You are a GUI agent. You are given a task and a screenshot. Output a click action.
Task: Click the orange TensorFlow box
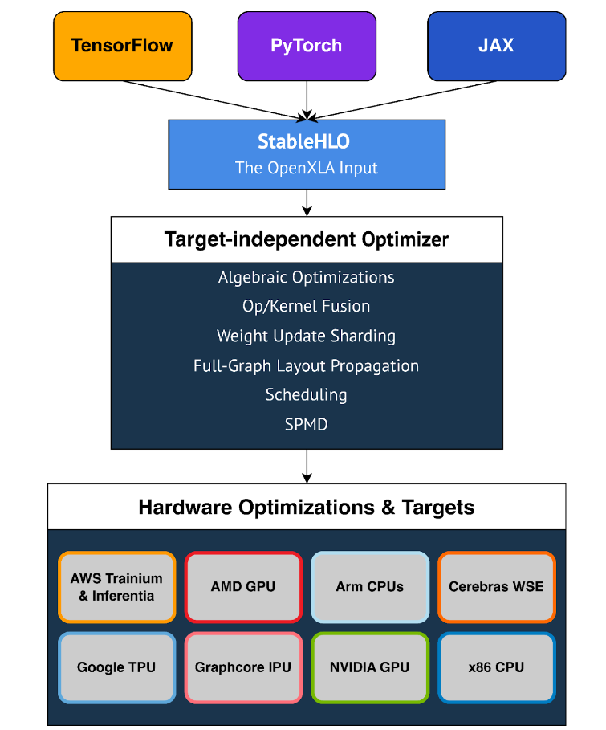click(x=123, y=46)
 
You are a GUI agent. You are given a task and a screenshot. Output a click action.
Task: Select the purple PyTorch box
click(x=307, y=46)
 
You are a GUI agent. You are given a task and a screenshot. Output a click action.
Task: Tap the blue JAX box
click(x=495, y=46)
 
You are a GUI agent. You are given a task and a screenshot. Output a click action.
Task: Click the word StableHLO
click(x=306, y=142)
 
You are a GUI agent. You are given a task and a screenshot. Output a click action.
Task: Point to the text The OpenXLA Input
click(x=306, y=168)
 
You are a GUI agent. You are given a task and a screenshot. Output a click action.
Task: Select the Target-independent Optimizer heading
click(x=306, y=239)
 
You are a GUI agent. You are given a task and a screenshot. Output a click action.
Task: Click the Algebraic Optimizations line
click(x=306, y=278)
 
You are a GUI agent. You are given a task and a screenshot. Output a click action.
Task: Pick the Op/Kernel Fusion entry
click(x=306, y=307)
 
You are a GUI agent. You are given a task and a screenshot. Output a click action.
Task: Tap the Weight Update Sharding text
click(x=306, y=336)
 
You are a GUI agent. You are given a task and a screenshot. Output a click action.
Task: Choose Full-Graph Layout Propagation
click(x=306, y=365)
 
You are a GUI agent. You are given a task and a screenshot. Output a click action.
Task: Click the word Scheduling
click(x=306, y=395)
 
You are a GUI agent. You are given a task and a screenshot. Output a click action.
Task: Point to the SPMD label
click(x=306, y=424)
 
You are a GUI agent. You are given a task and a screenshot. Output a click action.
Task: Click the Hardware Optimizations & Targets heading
click(x=306, y=508)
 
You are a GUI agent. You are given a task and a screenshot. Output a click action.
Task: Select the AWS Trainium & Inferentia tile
click(x=116, y=587)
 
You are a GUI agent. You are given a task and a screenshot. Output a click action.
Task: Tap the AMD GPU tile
click(x=243, y=587)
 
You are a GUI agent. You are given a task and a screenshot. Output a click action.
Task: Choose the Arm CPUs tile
click(x=369, y=587)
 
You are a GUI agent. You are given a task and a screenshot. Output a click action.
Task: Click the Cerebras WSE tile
click(x=496, y=587)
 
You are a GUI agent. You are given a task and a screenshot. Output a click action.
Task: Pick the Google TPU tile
click(x=116, y=667)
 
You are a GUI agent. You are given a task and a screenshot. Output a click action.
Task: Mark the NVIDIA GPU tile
click(x=369, y=667)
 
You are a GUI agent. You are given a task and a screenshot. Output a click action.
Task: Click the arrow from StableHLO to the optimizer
click(x=307, y=202)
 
